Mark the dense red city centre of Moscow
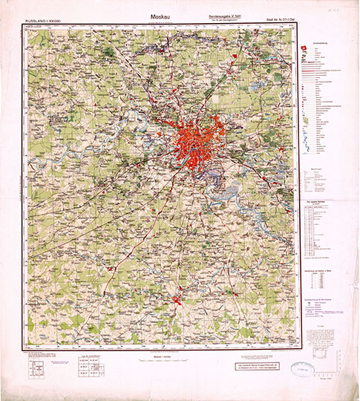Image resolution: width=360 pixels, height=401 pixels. (194, 140)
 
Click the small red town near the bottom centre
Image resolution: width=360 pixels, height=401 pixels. (180, 299)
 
